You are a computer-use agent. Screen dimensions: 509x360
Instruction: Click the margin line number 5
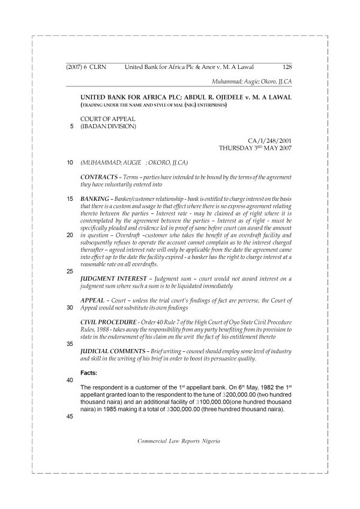(x=70, y=127)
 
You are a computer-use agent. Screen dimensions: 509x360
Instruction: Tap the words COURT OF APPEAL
(x=107, y=119)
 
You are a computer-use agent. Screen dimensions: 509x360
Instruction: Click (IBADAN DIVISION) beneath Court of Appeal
(x=109, y=127)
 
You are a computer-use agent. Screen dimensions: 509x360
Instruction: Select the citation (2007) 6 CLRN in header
(x=84, y=68)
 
